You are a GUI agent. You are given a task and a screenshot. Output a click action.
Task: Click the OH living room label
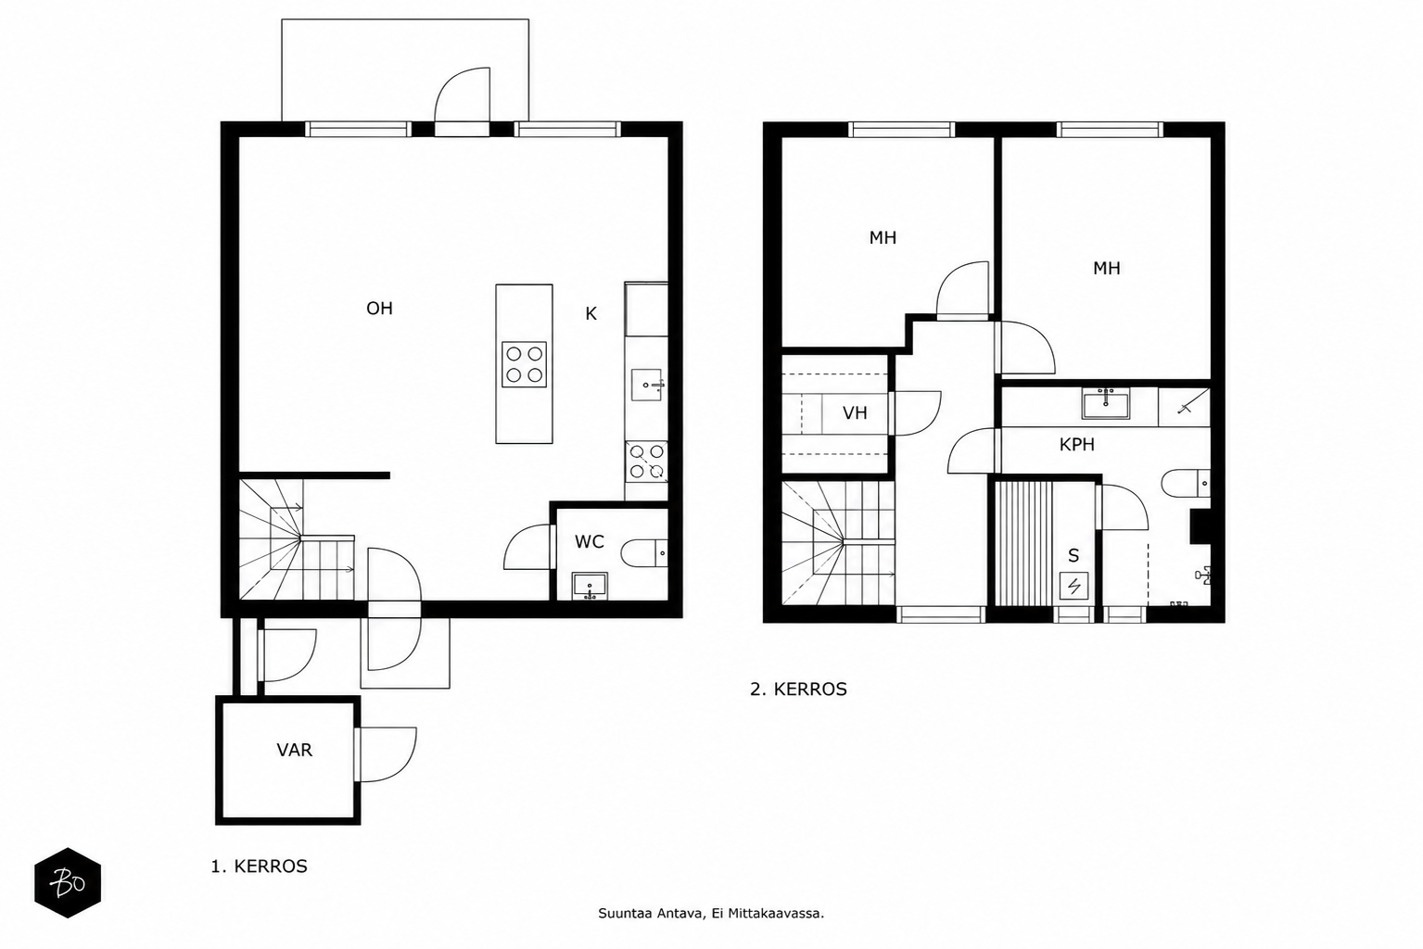(379, 309)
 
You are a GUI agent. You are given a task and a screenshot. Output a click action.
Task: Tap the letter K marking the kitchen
(591, 314)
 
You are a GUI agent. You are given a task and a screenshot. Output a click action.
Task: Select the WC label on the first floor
(589, 542)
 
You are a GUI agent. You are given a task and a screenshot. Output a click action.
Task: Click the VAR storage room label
(294, 750)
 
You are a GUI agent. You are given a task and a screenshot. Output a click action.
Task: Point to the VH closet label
(855, 413)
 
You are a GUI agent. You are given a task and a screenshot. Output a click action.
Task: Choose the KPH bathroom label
(1077, 445)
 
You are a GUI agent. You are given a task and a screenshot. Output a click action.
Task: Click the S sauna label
(1074, 556)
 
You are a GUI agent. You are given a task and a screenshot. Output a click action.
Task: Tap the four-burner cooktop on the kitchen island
(524, 364)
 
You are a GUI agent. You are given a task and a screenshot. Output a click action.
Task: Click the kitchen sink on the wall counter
(647, 385)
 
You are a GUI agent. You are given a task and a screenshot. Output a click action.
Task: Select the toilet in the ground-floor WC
(644, 553)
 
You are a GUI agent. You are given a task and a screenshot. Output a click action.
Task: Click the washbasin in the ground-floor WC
(590, 586)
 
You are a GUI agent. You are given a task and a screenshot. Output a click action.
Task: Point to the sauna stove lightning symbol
(1074, 585)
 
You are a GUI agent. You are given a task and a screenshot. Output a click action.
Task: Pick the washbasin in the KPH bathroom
(1105, 403)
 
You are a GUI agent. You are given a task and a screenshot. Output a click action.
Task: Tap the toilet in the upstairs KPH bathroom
(1186, 484)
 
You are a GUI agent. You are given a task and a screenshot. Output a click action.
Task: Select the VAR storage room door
(386, 754)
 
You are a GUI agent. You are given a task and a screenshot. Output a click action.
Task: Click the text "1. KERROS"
(259, 867)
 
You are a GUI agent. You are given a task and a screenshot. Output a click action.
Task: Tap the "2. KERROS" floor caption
(798, 690)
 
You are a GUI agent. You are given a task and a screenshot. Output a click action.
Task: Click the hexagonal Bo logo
(68, 882)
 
